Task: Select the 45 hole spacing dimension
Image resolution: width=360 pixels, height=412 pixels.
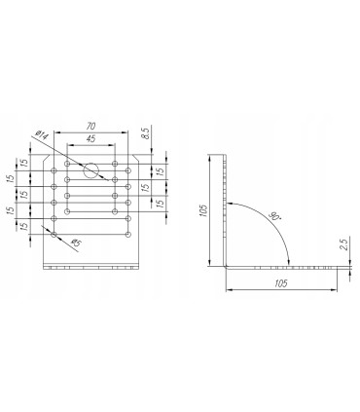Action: tap(90, 139)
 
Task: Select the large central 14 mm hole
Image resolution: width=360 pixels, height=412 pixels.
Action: tap(90, 169)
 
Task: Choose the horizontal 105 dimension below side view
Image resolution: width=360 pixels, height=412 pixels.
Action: tap(282, 281)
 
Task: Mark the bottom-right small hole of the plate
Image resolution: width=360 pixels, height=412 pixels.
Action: tap(128, 234)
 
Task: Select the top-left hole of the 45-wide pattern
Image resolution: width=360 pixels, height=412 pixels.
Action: tap(67, 163)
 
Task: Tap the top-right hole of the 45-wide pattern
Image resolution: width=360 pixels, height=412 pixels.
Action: tap(115, 163)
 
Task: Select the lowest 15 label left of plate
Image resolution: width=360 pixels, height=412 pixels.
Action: tap(23, 225)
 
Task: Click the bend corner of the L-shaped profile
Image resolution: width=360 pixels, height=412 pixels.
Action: tap(226, 265)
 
